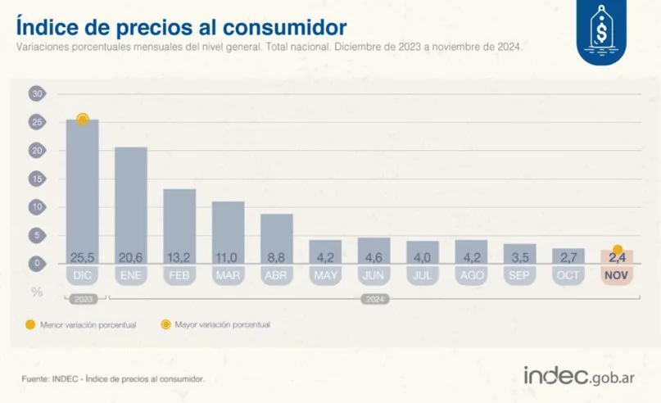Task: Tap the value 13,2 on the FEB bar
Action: (179, 256)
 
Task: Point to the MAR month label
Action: (229, 274)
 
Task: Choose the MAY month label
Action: (325, 274)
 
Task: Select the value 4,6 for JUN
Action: (374, 256)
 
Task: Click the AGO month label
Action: (471, 274)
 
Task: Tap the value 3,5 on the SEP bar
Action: (519, 256)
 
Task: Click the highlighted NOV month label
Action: (617, 274)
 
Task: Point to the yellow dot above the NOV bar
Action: (618, 250)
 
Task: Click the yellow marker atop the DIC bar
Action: (83, 120)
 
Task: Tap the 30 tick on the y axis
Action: (36, 94)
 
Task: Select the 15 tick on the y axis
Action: (36, 179)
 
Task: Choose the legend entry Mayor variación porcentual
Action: (217, 324)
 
